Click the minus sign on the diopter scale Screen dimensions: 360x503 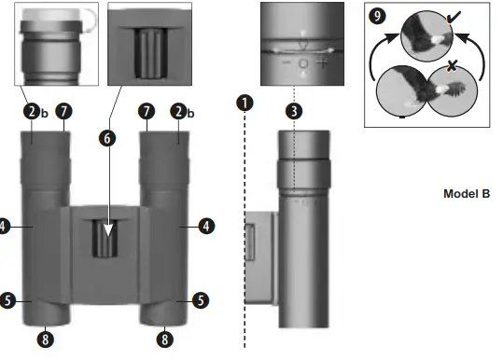(286, 64)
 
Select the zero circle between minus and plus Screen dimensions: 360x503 (304, 64)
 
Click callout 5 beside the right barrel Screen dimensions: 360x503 (201, 300)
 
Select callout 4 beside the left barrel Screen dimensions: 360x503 (6, 225)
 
